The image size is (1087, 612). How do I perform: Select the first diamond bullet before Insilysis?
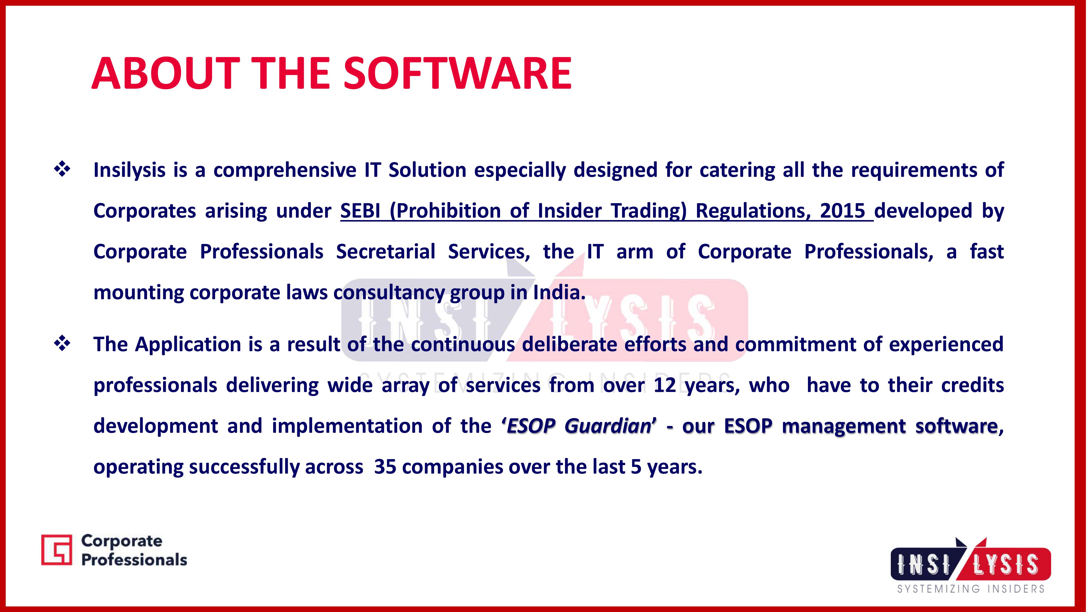62,169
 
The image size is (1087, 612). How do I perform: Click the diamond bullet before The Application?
62,344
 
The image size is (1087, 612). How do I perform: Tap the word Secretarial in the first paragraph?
385,252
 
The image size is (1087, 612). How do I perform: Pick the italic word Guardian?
608,426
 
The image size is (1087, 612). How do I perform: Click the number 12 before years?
665,385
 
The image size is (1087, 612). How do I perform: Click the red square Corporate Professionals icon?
57,549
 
